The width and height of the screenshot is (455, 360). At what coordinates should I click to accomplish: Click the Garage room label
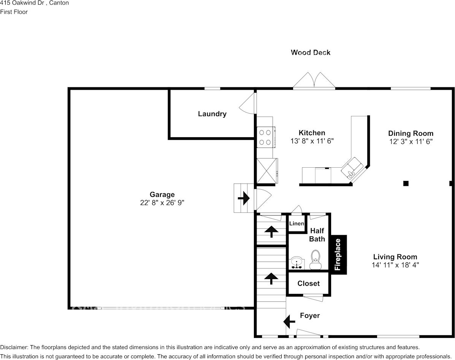[x=162, y=195]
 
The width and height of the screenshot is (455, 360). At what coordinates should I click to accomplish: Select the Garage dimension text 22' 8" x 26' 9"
[x=162, y=203]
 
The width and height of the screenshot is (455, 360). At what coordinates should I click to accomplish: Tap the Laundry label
[x=212, y=114]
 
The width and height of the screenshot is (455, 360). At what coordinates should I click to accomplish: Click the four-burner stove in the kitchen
[x=265, y=137]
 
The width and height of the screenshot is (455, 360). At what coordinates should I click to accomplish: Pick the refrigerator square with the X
[x=266, y=171]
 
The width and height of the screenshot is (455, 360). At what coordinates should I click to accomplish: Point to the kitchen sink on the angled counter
[x=351, y=168]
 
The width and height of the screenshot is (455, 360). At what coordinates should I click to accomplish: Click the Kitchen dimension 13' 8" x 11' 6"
[x=312, y=141]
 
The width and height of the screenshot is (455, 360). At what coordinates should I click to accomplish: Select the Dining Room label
[x=411, y=133]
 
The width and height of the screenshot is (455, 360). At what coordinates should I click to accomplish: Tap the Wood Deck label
[x=311, y=52]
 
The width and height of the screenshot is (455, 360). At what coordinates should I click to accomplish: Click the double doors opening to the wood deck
[x=314, y=81]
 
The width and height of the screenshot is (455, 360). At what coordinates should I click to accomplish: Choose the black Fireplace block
[x=338, y=254]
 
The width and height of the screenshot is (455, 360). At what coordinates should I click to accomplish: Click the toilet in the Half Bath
[x=315, y=260]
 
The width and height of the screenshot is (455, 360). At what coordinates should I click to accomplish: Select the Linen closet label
[x=296, y=224]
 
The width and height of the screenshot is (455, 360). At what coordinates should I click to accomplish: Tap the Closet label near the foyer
[x=308, y=284]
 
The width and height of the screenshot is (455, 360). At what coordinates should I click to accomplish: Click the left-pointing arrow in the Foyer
[x=289, y=321]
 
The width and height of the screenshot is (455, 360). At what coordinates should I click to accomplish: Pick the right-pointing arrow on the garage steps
[x=243, y=198]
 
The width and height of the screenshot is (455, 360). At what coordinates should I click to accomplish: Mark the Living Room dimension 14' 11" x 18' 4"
[x=395, y=265]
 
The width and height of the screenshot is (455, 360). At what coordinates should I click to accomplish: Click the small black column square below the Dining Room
[x=406, y=183]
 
